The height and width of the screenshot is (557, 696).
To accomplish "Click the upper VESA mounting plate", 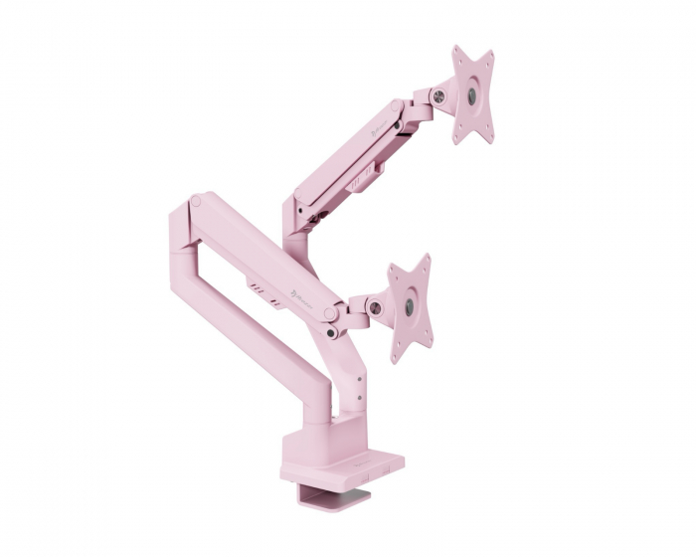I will point(472,94).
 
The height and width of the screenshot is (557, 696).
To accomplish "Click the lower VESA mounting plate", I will point(410,306).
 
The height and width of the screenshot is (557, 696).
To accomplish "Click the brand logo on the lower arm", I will point(309,290).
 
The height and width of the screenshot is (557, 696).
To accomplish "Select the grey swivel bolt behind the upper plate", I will point(436,95).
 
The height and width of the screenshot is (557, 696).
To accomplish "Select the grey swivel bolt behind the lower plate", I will point(376,308).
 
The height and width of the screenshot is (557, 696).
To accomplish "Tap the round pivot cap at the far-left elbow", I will point(197,202).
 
